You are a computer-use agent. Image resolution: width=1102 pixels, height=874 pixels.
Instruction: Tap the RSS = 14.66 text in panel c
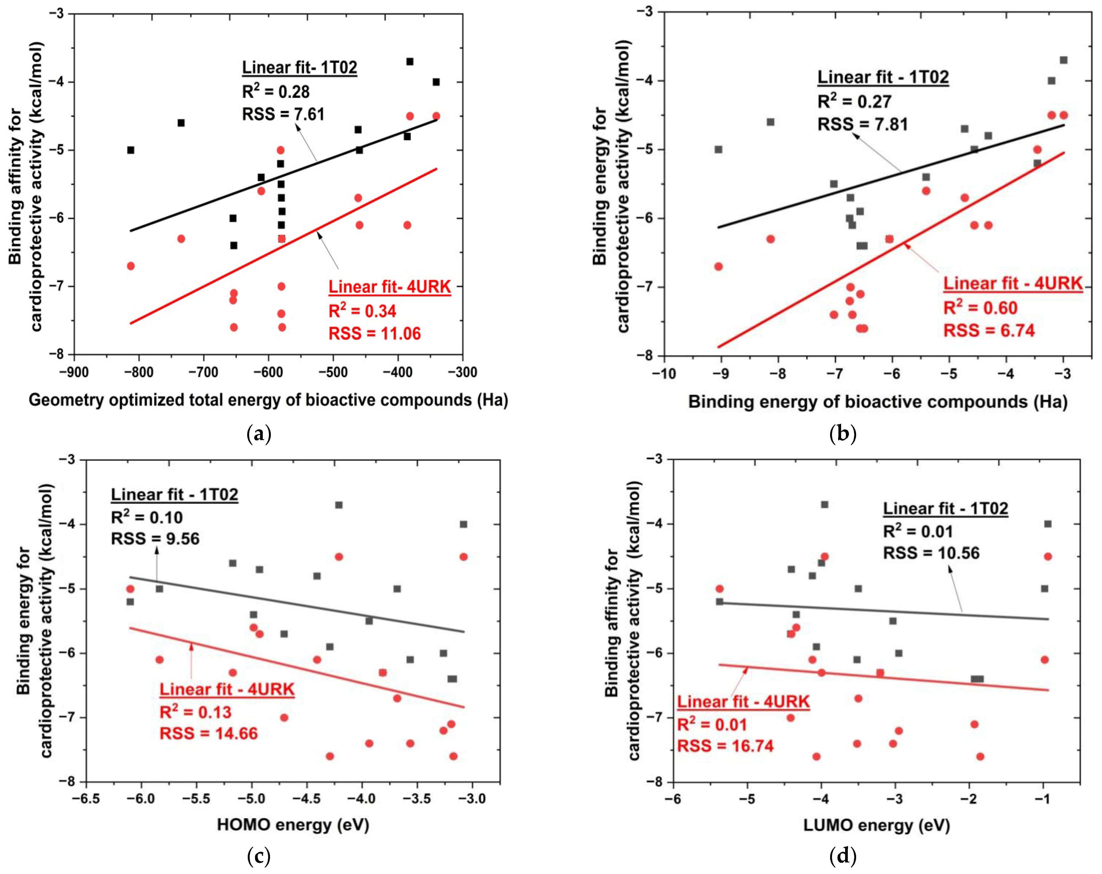[209, 733]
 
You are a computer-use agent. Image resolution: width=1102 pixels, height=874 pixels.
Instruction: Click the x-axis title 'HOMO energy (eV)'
[293, 825]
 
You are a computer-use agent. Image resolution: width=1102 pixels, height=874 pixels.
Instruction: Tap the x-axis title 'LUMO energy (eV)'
[876, 825]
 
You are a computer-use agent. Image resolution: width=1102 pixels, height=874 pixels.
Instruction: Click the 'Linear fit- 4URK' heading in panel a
[389, 287]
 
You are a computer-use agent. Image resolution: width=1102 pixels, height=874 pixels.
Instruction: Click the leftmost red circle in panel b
[718, 266]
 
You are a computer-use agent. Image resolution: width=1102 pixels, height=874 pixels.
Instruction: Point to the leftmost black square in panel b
[718, 149]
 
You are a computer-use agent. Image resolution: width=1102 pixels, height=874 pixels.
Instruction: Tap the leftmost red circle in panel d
[720, 589]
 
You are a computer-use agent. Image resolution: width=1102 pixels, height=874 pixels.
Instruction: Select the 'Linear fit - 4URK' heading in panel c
[227, 689]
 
